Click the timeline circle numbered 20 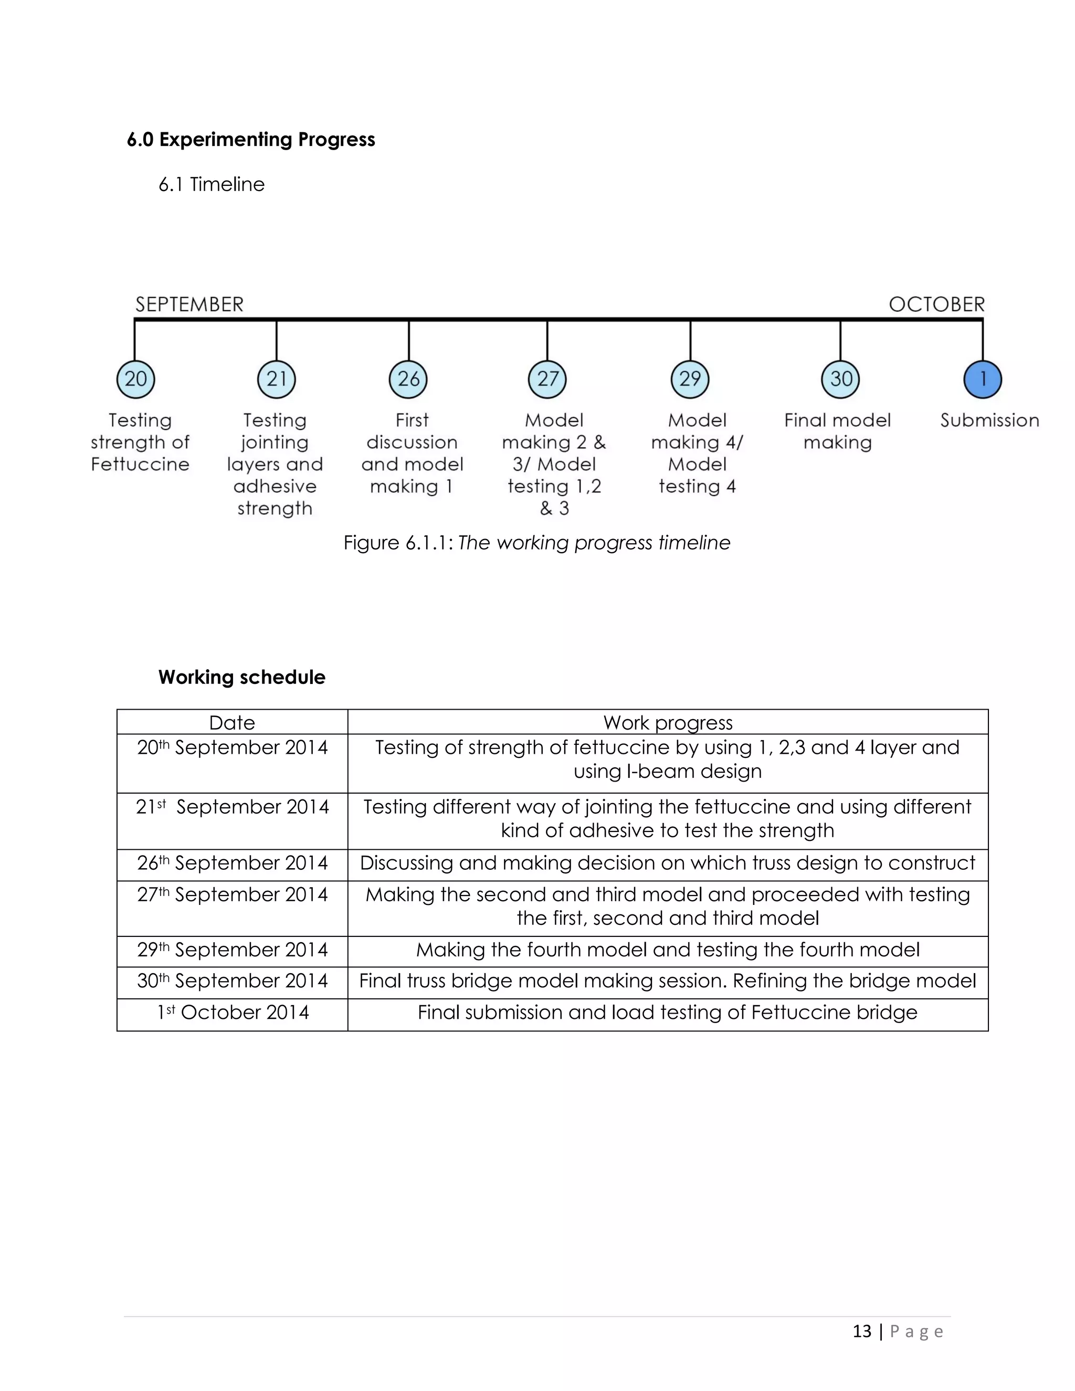click(x=135, y=379)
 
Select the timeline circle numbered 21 click(x=277, y=379)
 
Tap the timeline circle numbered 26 click(x=408, y=379)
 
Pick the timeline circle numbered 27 click(x=547, y=379)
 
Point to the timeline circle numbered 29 click(x=690, y=379)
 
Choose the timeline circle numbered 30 click(x=841, y=379)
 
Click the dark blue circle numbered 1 click(x=983, y=379)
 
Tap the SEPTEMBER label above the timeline click(x=189, y=304)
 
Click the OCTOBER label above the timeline click(x=936, y=304)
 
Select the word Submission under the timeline click(x=989, y=420)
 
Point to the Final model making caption click(x=837, y=431)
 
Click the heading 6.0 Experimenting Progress click(x=251, y=140)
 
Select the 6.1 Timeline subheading click(x=212, y=185)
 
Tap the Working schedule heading click(x=242, y=677)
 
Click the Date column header click(x=232, y=723)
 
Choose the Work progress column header click(x=668, y=723)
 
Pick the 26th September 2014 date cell click(x=233, y=863)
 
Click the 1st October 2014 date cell click(x=233, y=1013)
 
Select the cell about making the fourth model click(x=668, y=950)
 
